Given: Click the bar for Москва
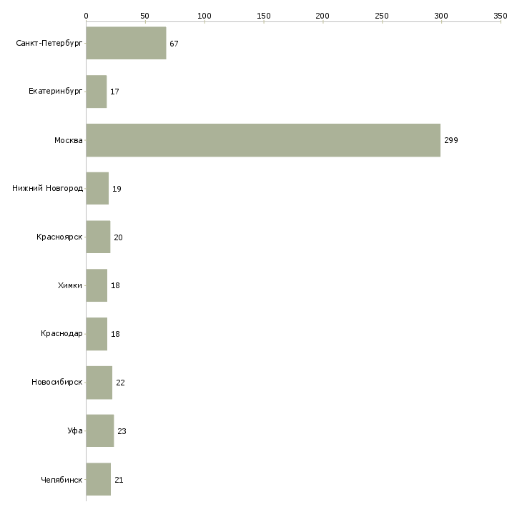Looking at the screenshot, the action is coord(263,140).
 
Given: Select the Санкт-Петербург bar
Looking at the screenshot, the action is coord(126,43).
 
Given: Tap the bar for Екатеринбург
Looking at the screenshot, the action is coord(97,92).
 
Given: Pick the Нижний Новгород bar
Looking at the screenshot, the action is coord(97,189).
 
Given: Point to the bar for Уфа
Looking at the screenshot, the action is coord(100,430).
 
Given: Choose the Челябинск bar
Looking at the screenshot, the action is coord(99,479).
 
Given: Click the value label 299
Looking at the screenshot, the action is coord(451,140).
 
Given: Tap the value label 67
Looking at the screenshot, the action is coord(174,44).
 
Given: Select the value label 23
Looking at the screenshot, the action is coord(122,431).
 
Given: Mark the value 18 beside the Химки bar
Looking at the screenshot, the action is coord(115,285).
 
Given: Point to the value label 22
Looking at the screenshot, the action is coord(120,383).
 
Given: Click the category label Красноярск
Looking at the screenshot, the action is coord(59,237).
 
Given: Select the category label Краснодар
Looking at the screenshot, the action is coord(61,333).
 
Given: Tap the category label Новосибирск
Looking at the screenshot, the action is coord(57,382).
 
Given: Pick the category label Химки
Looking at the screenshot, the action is coord(70,285).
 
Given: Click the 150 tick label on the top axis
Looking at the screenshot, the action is coord(264,16).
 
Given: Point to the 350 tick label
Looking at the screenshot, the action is coord(501,16).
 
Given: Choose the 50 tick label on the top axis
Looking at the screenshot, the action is coord(145,16).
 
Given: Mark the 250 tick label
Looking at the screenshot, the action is coord(382,16).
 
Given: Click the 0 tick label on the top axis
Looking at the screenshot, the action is coord(87,16).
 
